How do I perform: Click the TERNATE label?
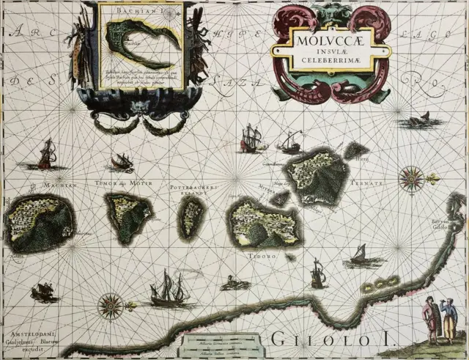[x=367, y=183]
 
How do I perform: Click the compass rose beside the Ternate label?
[x=412, y=178]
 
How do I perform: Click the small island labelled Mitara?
[x=280, y=197]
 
